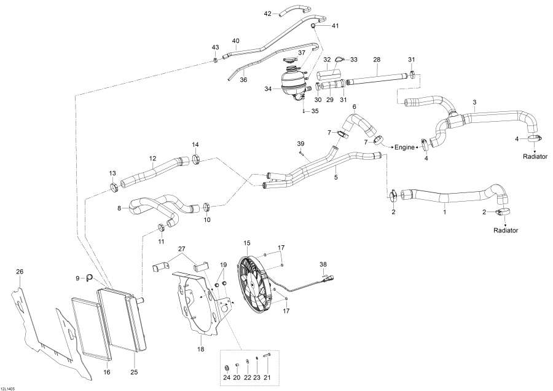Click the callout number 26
click(x=20, y=272)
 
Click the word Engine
click(x=405, y=148)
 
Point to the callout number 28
click(x=377, y=60)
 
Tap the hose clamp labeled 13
click(x=114, y=187)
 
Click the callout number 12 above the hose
click(x=152, y=159)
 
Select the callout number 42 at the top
click(x=267, y=14)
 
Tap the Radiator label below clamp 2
click(x=506, y=231)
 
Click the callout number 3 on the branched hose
click(x=474, y=102)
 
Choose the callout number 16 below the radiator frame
click(x=106, y=372)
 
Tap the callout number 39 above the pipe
click(x=300, y=143)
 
